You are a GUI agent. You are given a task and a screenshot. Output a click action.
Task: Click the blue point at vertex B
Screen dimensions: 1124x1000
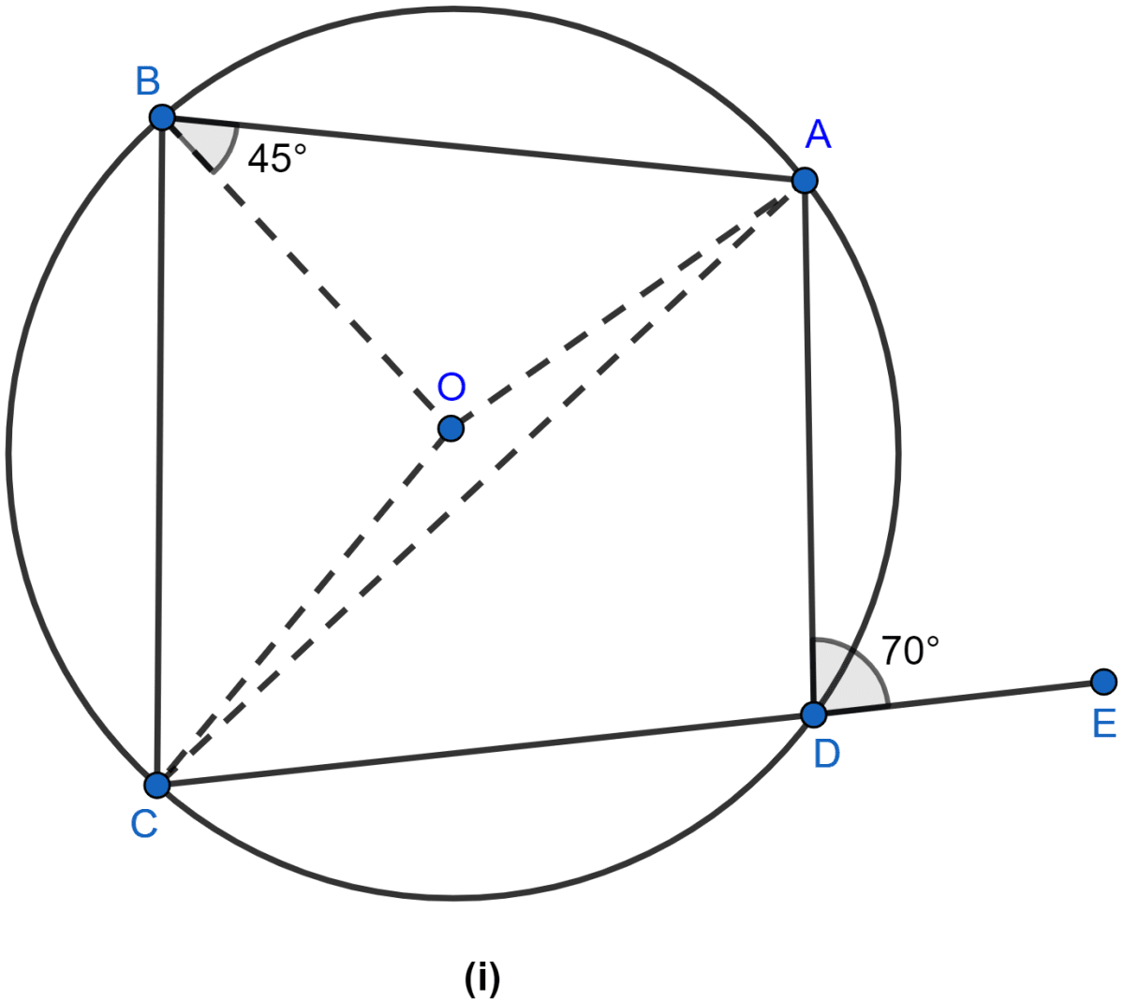(x=163, y=118)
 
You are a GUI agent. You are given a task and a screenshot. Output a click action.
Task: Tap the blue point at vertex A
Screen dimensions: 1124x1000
(x=805, y=181)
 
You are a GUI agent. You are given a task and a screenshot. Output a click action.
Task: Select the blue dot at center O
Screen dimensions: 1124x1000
(x=451, y=428)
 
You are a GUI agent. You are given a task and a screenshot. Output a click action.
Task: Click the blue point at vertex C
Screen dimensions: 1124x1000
(x=157, y=785)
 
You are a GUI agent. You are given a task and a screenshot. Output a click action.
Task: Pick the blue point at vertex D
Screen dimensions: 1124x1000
(x=814, y=714)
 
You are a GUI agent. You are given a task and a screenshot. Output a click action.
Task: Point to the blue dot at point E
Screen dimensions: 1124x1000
(x=1104, y=682)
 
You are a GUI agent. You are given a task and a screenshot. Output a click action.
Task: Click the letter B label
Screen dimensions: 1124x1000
(x=148, y=81)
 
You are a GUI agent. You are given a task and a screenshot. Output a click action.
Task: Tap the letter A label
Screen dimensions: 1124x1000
(x=819, y=135)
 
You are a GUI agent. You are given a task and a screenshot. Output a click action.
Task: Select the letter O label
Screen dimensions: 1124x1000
(x=451, y=386)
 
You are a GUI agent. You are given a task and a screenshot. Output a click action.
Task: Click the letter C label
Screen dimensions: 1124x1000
(x=144, y=824)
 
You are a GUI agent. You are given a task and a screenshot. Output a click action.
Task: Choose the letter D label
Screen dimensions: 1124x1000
(x=827, y=754)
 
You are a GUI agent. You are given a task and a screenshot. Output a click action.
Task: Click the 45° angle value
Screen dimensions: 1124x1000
(x=277, y=158)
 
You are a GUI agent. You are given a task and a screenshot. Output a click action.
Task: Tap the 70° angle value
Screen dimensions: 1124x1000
(x=910, y=651)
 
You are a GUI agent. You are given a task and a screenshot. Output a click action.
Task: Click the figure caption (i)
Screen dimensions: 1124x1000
(x=482, y=978)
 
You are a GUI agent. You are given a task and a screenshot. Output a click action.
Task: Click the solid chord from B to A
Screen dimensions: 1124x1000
(x=483, y=149)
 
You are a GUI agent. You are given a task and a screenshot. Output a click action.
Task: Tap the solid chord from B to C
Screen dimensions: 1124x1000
(x=160, y=451)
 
